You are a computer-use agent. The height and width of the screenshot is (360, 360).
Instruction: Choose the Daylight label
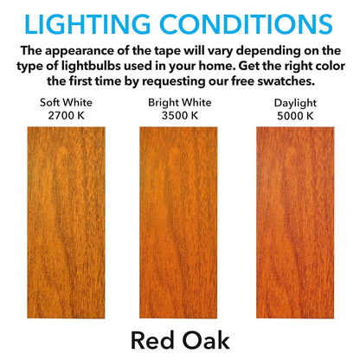coord(289,101)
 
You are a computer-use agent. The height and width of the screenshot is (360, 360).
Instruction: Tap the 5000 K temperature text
coord(289,114)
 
